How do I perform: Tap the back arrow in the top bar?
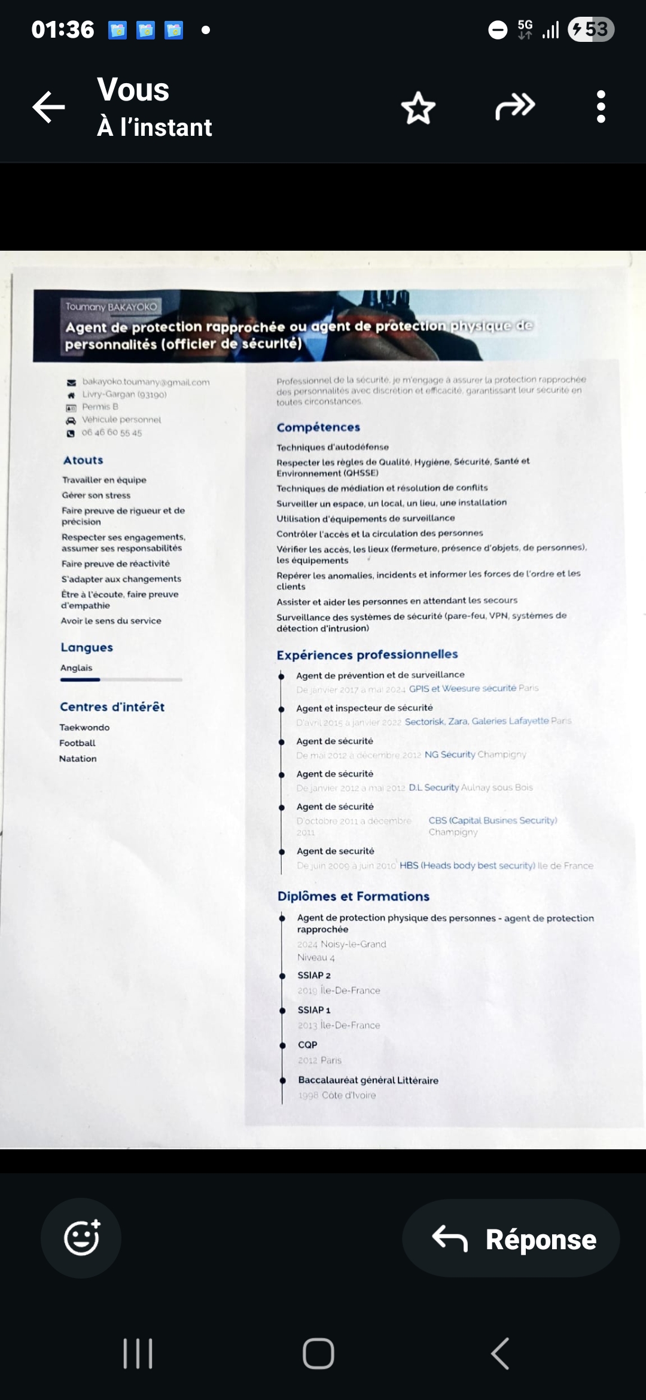48,108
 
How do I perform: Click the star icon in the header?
418,108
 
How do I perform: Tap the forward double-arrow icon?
514,106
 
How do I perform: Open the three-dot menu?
601,107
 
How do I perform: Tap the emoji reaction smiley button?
81,1238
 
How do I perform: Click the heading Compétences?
318,427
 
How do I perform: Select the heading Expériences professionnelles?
367,655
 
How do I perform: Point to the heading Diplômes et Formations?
353,896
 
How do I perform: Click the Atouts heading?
83,460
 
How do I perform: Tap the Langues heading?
87,647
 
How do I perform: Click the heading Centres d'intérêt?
112,707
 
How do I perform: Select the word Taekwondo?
84,728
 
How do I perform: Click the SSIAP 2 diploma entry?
314,975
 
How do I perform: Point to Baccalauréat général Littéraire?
368,1080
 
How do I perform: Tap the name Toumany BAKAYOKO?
111,307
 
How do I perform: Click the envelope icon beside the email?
71,382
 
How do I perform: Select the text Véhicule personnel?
121,419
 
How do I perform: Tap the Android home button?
318,1353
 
